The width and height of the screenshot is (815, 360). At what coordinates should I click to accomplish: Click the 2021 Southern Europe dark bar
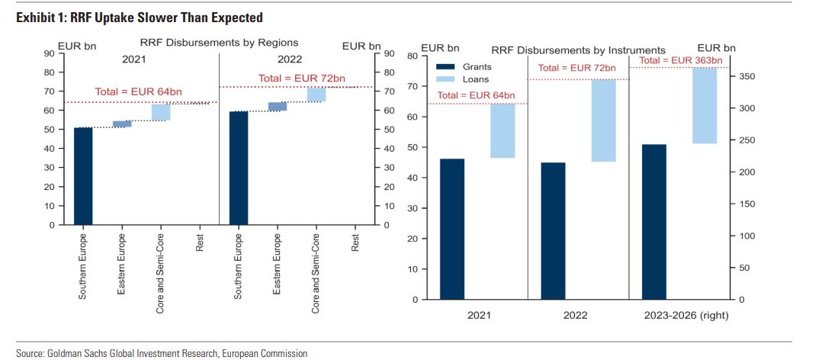click(83, 176)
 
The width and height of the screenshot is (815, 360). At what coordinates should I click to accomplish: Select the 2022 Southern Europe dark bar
click(239, 169)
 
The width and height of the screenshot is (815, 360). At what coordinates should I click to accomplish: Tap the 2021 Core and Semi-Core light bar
click(161, 112)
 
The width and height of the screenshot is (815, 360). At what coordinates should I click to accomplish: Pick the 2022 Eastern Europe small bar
click(278, 107)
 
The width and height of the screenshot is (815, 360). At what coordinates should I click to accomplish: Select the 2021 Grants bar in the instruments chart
click(452, 229)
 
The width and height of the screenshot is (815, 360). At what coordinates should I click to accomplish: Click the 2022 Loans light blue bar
click(603, 121)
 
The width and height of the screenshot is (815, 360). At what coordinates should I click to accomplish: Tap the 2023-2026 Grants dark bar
click(654, 221)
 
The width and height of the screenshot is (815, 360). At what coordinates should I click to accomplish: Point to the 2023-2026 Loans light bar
click(704, 105)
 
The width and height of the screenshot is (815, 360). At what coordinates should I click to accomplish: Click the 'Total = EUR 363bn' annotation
click(680, 60)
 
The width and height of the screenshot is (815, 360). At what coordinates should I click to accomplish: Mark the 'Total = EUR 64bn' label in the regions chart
click(138, 92)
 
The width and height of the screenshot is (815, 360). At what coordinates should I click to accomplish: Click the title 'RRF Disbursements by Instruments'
click(578, 51)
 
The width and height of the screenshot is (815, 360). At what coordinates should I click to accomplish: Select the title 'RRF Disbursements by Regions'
click(218, 43)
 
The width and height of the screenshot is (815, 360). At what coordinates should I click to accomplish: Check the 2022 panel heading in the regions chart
click(290, 59)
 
